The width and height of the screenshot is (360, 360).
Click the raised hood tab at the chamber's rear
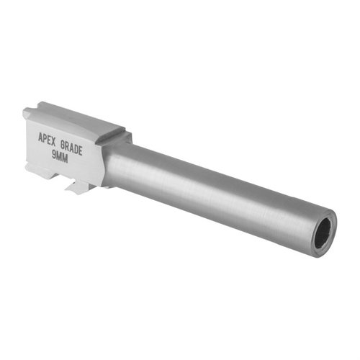coord(27,113)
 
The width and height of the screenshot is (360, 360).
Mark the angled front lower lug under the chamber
coord(76,189)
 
